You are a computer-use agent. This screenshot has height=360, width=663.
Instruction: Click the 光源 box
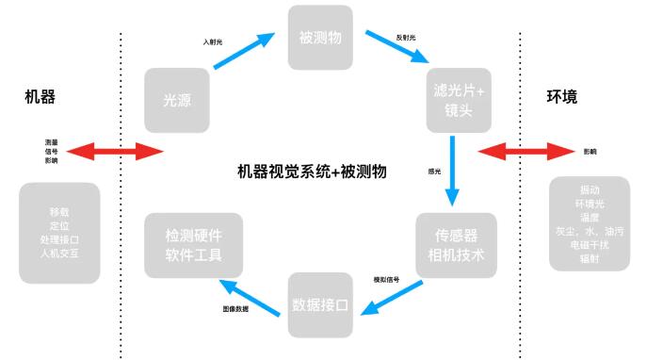pos(176,99)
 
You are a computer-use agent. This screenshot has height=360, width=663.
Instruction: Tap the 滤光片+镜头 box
pos(458,99)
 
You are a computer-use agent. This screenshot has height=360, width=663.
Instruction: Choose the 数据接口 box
pos(320,304)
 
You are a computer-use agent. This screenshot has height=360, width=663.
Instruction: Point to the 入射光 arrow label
pos(214,42)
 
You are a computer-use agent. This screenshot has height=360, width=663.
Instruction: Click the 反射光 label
pos(406,37)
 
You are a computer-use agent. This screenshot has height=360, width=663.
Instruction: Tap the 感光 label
pos(434,172)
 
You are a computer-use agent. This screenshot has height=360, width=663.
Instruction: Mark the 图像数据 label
pos(236,308)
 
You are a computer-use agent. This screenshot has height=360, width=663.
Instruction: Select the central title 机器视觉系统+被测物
pos(314,172)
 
